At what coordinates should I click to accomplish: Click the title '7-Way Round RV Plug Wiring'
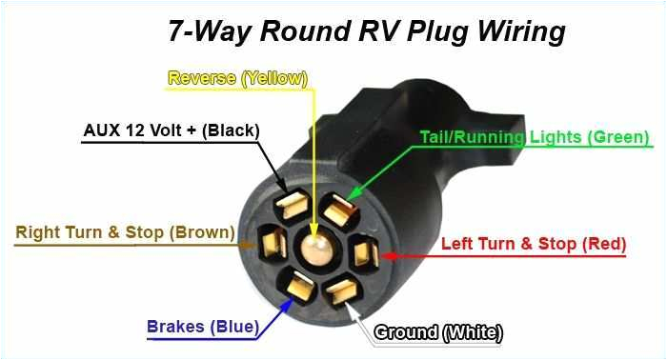coord(367,30)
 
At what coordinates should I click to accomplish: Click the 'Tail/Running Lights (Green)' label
coord(535,137)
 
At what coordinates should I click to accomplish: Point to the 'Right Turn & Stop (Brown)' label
coord(125,232)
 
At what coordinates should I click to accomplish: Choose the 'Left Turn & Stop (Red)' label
coord(533,244)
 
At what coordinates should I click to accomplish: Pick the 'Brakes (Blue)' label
coord(202,328)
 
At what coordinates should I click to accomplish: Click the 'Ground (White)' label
coord(437,332)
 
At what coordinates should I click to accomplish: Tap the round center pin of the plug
coord(312,250)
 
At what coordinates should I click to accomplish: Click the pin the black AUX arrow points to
coord(290,206)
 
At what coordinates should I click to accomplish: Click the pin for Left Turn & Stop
coord(363,253)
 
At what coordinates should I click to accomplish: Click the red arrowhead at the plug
coord(380,254)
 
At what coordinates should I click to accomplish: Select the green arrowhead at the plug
coord(351,197)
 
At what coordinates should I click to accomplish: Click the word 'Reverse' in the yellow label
coord(203,78)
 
